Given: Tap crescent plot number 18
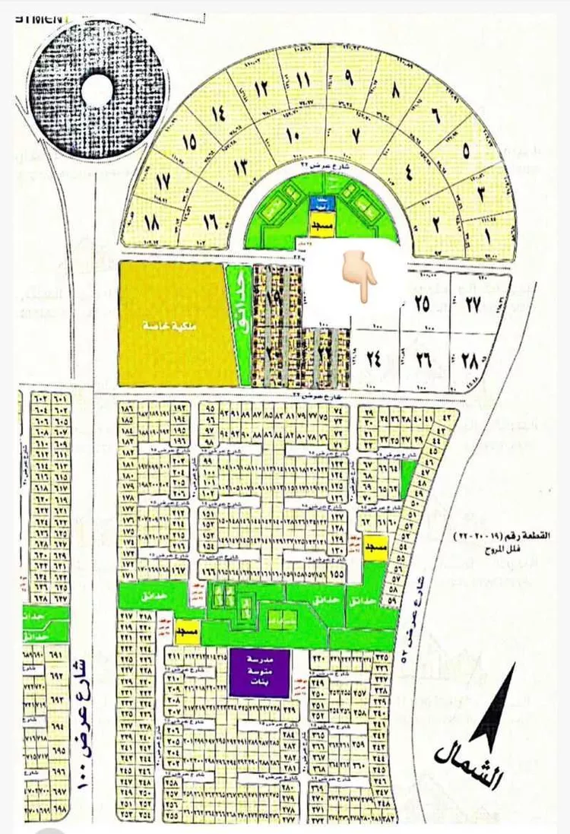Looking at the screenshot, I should point(152,222).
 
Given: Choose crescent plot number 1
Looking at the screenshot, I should point(486,235).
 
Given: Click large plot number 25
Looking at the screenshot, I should point(421,303).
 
